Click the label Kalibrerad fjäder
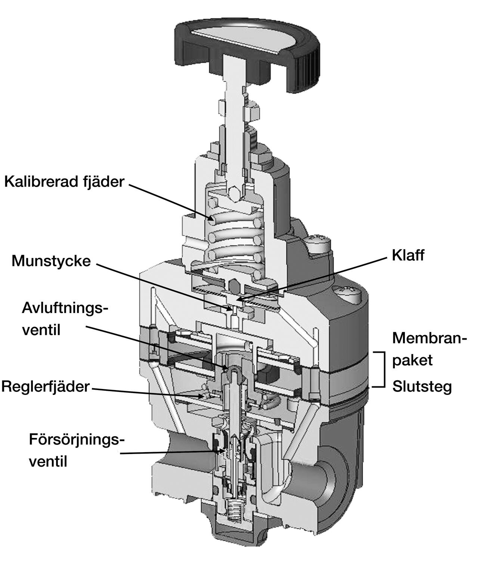[x=64, y=182]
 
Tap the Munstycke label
[x=51, y=261]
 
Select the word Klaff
[x=408, y=255]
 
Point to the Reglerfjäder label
[x=45, y=386]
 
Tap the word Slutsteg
[x=422, y=386]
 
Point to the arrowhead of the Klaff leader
[x=238, y=300]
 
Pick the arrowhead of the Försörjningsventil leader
[x=223, y=451]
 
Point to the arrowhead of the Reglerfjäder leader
[x=204, y=395]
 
